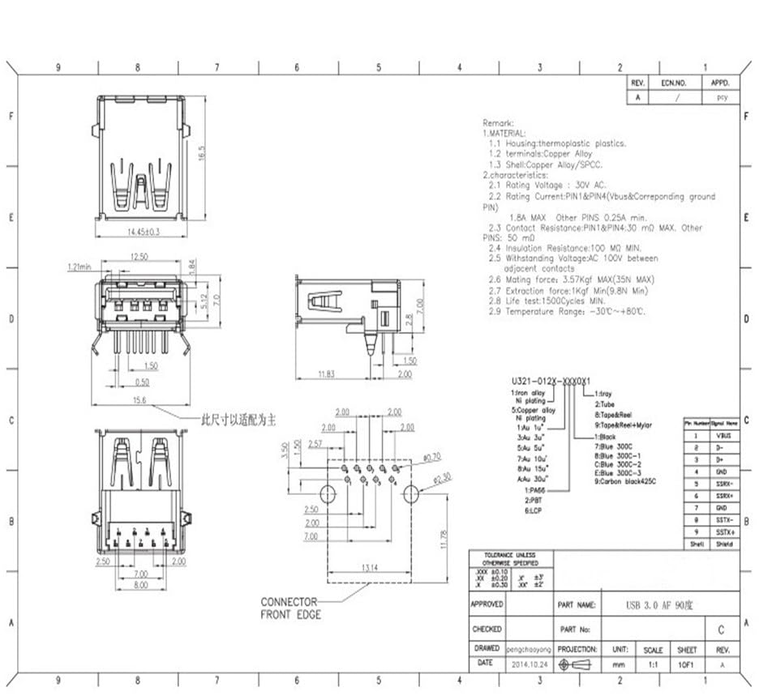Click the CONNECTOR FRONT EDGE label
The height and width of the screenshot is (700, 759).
point(289,608)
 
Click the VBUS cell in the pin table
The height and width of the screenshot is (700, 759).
point(724,435)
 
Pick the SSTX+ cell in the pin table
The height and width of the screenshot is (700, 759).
point(725,531)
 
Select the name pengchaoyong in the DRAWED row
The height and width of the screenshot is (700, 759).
point(529,649)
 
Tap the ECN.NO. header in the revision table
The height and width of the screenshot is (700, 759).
point(673,83)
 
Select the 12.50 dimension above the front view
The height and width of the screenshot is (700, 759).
point(139,258)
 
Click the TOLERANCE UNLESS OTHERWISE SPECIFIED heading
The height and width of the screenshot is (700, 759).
point(509,558)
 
